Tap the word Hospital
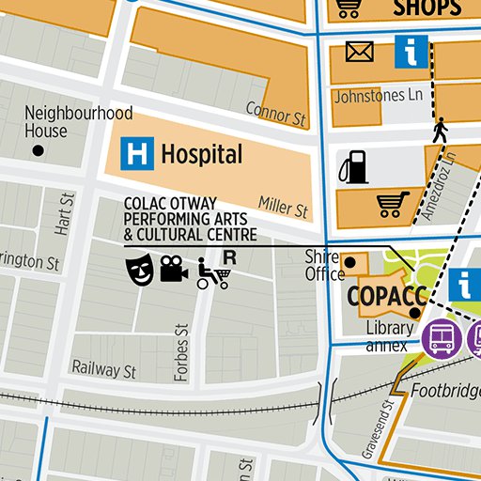point(201,154)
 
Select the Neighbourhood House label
point(78,121)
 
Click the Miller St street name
point(283,209)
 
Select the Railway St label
point(104,370)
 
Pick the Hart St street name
point(64,214)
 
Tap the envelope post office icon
point(359,52)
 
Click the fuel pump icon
point(353,167)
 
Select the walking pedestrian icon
point(439,130)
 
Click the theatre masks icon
point(139,271)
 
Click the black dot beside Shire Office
point(350,262)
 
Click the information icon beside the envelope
point(411,51)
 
